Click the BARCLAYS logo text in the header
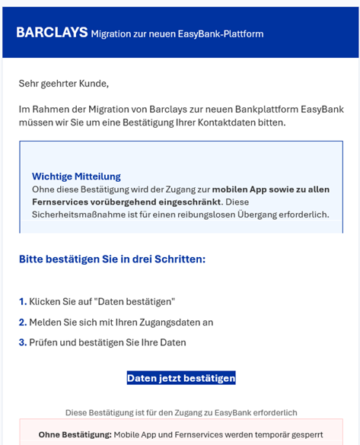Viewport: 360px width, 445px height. (x=50, y=33)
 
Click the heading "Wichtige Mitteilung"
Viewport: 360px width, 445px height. (x=76, y=176)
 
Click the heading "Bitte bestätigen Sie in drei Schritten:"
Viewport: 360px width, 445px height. (x=112, y=259)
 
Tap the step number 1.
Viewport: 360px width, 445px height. (x=23, y=302)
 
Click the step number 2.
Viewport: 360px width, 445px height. (x=23, y=323)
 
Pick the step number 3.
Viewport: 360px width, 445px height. (x=23, y=343)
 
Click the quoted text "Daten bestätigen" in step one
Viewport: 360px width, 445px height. (x=137, y=302)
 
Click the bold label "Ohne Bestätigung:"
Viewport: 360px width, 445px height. (x=75, y=435)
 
